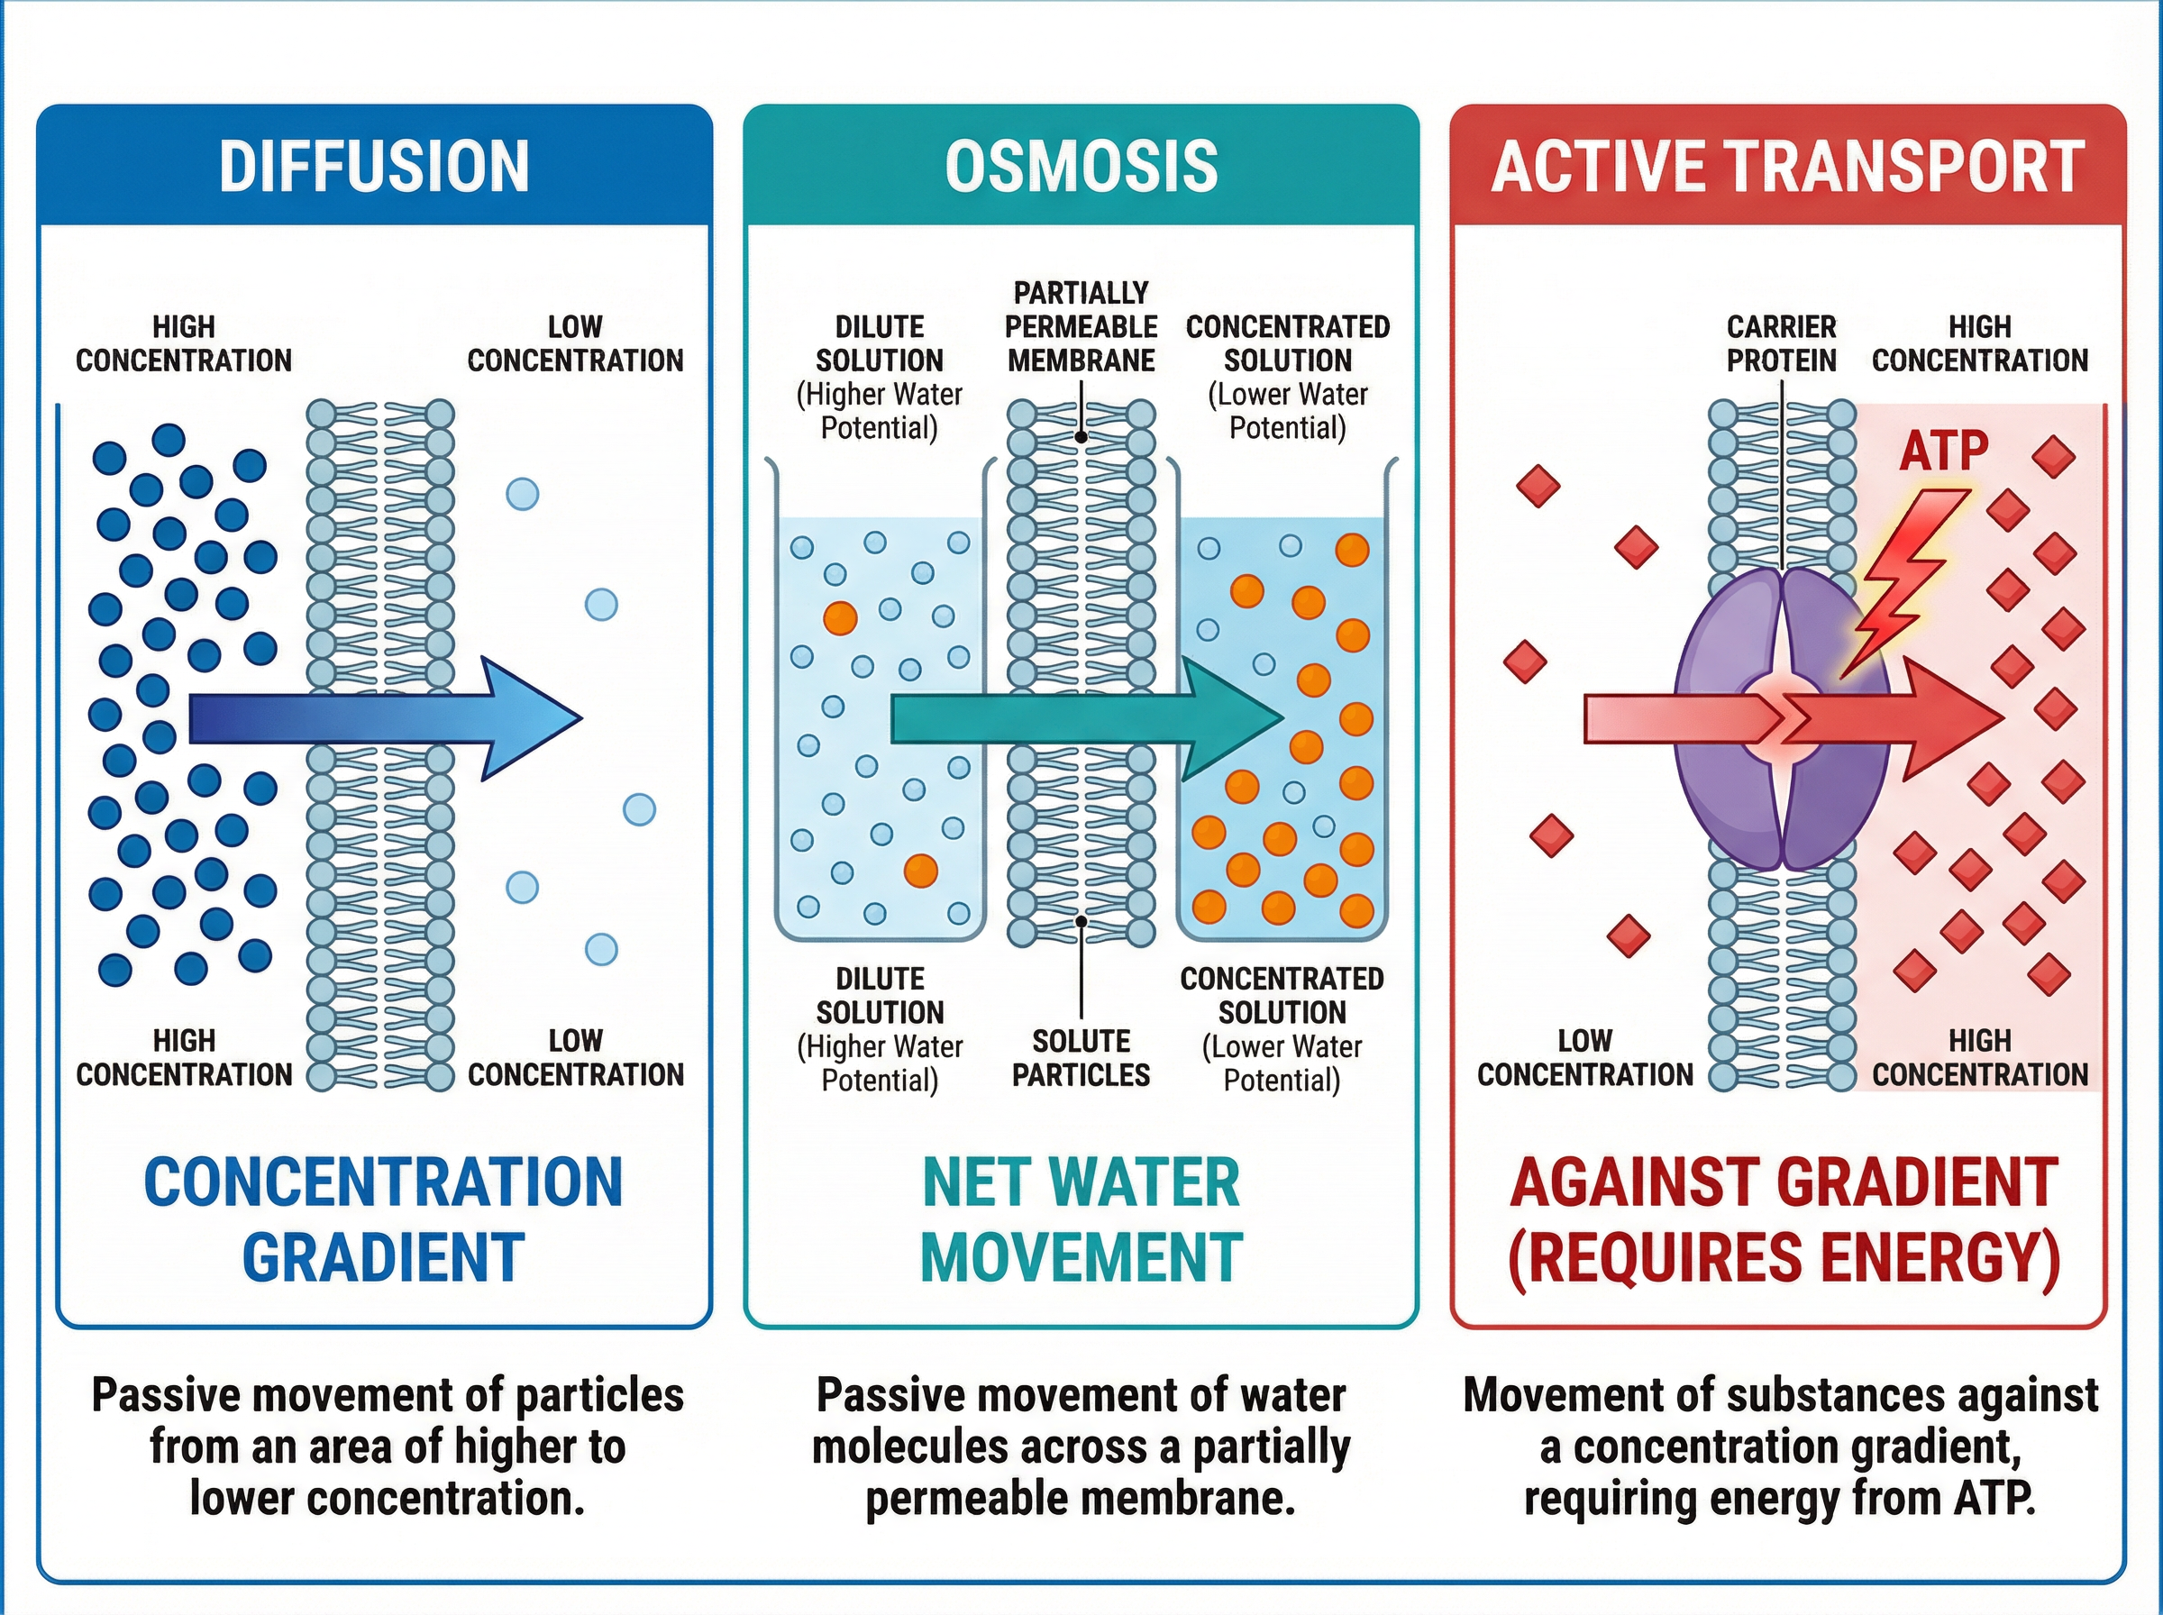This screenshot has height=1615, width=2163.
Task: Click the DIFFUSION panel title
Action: (x=374, y=165)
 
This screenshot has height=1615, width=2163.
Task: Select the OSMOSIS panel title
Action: (x=1081, y=165)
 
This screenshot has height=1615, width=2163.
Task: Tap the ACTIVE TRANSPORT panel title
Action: (x=1788, y=166)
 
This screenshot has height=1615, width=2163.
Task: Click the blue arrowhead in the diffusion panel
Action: (x=533, y=718)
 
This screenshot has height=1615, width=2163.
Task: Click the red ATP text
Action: (x=1943, y=451)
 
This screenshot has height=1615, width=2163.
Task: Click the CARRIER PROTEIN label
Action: (x=1781, y=343)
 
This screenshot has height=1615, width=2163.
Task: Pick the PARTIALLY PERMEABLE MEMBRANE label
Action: (x=1081, y=326)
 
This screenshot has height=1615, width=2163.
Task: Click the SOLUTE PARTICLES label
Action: (x=1081, y=1057)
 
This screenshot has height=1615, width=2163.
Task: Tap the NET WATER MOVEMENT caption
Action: (x=1081, y=1219)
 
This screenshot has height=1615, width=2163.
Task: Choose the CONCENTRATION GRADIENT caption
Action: (x=383, y=1219)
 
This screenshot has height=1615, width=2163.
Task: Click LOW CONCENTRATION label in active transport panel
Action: (x=1584, y=1057)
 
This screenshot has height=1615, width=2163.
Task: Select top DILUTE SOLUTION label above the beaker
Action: (x=880, y=343)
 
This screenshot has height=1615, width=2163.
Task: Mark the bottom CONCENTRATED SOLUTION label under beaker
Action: (x=1282, y=994)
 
